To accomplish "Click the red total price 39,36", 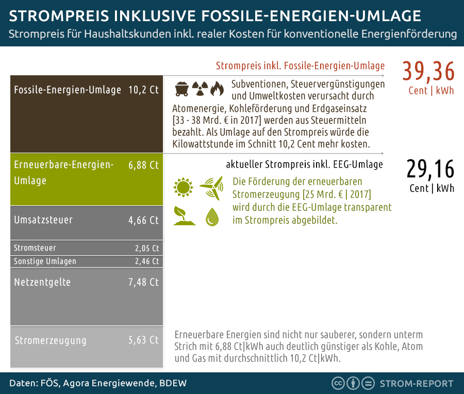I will point(428,72).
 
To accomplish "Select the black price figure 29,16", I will point(430,169).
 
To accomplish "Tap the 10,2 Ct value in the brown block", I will point(143,90).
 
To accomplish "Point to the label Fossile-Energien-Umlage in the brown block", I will point(68,90).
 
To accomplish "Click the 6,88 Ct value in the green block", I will point(143,166).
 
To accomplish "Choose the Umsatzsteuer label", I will point(43,220).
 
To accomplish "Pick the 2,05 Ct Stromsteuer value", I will point(147,248).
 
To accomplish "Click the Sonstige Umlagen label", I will point(45,261).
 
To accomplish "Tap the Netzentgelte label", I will point(42,282).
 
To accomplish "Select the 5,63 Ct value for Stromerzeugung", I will point(143,340).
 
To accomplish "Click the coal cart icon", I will point(181,89).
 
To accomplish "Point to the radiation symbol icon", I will point(199,89).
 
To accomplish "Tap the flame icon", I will point(217,89).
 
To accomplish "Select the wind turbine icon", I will point(211,187).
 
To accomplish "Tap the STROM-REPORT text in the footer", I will point(416,384).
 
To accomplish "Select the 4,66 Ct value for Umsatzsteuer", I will point(143,220).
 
